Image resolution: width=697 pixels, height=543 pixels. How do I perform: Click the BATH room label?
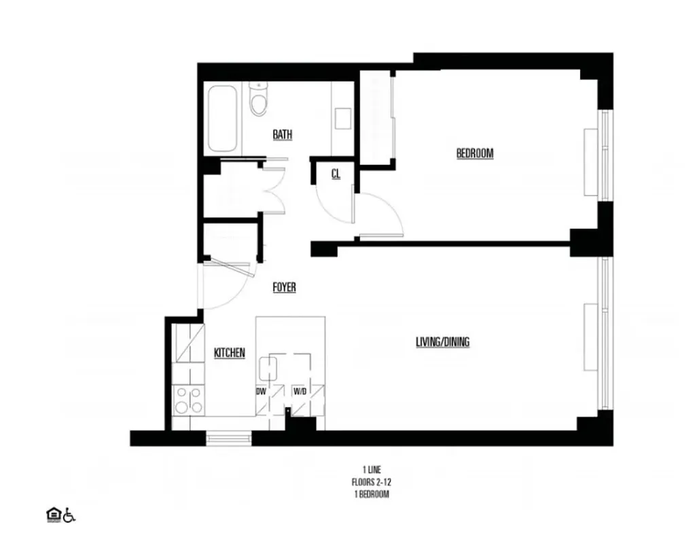[x=283, y=134]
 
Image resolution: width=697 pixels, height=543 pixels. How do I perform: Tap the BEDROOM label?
[x=474, y=153]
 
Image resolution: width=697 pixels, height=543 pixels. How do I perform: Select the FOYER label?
[x=284, y=287]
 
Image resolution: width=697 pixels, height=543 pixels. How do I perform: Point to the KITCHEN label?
[x=230, y=353]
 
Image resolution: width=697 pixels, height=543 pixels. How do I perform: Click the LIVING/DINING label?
[x=442, y=342]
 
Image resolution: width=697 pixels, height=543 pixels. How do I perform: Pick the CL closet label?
[x=336, y=174]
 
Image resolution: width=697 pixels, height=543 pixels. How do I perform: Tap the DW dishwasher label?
[x=261, y=392]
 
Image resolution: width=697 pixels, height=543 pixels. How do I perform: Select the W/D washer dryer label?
[x=300, y=392]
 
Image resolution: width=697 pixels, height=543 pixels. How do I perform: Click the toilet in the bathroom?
[x=259, y=99]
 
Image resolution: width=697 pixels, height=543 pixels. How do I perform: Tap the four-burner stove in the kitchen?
[x=187, y=399]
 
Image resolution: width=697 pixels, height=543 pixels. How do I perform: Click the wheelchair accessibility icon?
[x=69, y=515]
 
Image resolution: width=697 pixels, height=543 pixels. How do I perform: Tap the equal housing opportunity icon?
[x=52, y=515]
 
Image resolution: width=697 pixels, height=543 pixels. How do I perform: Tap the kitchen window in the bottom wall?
[x=229, y=439]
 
